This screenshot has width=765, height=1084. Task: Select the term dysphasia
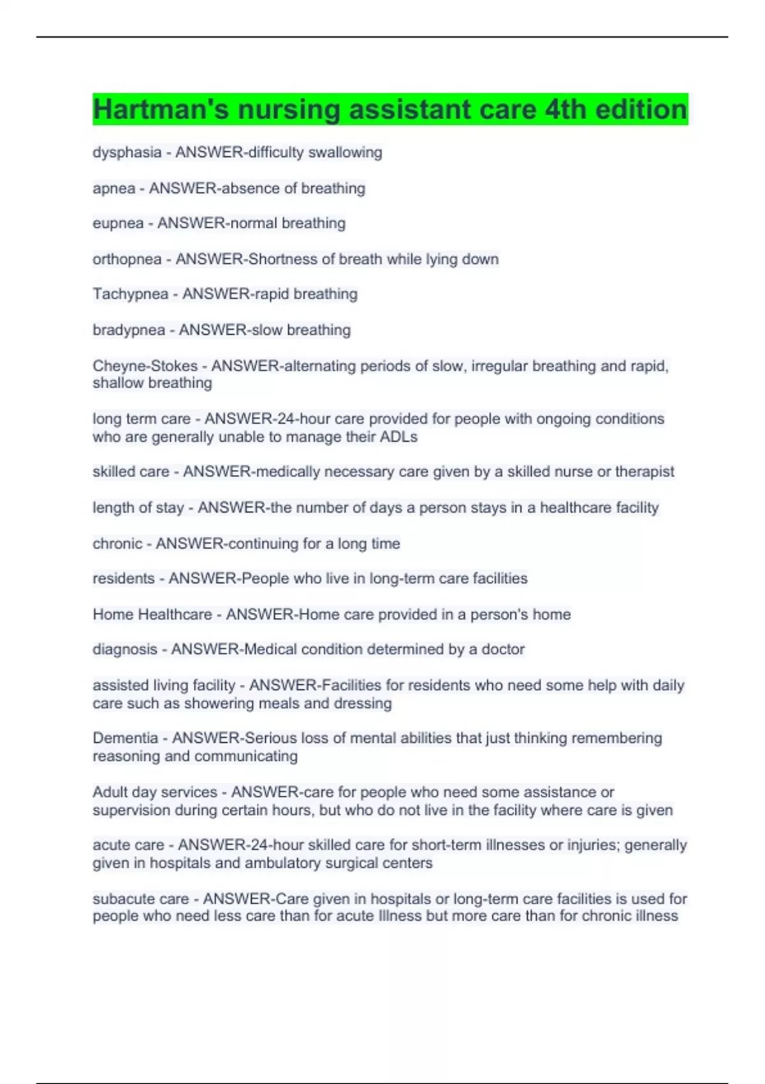(127, 152)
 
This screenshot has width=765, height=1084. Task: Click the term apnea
(114, 188)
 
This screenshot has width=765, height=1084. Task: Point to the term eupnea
(118, 223)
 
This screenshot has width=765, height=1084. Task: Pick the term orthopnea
(127, 259)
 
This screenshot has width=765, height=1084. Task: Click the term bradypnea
(129, 330)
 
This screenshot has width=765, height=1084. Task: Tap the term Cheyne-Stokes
(145, 366)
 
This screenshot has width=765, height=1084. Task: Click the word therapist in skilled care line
(645, 471)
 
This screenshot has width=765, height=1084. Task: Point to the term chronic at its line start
(117, 543)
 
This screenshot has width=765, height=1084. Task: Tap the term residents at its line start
(124, 578)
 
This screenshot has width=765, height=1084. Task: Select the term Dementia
(125, 738)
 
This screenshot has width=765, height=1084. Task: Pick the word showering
(215, 703)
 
